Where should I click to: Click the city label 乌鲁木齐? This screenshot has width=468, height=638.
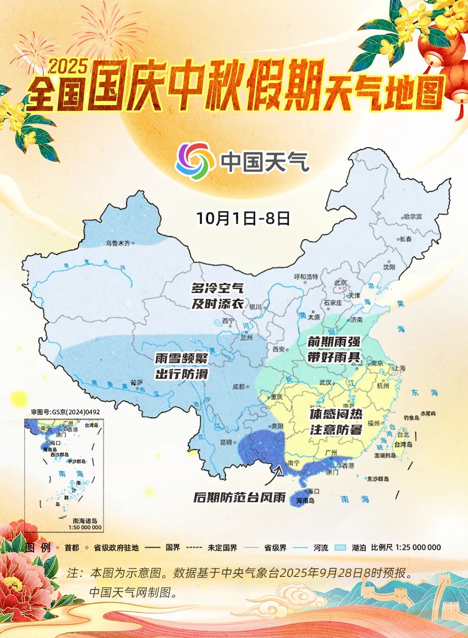[118, 243]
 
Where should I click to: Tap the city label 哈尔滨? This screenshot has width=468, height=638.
[412, 216]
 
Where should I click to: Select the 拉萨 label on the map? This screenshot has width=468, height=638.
[136, 383]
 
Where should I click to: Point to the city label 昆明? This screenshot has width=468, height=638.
[226, 442]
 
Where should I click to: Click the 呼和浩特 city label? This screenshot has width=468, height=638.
[306, 277]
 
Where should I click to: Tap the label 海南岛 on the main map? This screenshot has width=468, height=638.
[305, 500]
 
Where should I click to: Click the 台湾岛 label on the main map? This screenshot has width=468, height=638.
[403, 445]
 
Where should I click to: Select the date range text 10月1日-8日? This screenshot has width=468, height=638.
[243, 218]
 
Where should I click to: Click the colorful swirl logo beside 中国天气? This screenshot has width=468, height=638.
[195, 161]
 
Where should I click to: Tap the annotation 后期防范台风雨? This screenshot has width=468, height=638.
[240, 497]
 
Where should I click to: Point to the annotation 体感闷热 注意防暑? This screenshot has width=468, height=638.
[336, 422]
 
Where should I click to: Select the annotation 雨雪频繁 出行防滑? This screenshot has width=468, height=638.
[182, 366]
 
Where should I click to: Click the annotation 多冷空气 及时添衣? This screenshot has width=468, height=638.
[218, 296]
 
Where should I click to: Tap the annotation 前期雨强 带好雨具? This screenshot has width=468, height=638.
[334, 349]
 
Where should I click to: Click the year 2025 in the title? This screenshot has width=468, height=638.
[68, 67]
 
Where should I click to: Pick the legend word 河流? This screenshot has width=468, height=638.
[321, 548]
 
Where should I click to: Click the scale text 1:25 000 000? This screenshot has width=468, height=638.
[418, 547]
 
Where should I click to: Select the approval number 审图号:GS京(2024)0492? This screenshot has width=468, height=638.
[65, 412]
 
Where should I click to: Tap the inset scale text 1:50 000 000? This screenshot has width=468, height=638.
[85, 527]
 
